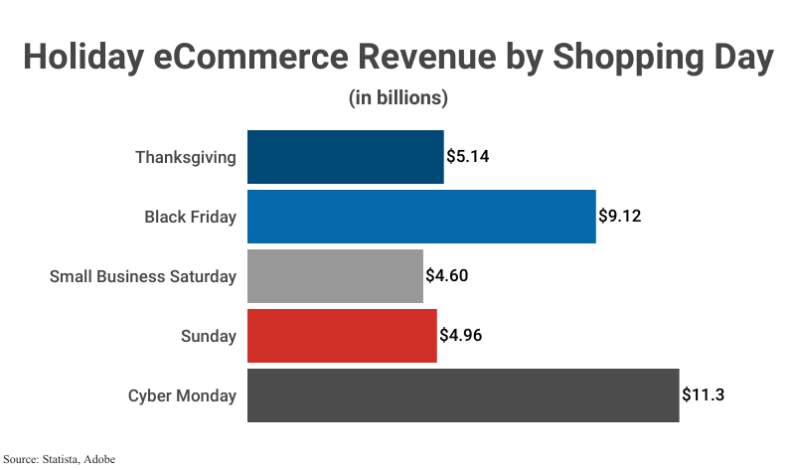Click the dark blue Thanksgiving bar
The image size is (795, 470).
tap(345, 157)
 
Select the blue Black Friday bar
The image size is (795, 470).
tap(421, 217)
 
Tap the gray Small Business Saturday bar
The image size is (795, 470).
tap(335, 276)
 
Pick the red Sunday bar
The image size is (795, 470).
tap(342, 336)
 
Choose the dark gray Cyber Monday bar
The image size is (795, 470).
tap(463, 395)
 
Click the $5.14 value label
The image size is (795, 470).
tap(468, 157)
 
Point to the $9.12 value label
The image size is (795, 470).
tap(620, 217)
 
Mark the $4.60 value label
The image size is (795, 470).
tap(447, 276)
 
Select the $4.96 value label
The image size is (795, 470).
tap(461, 336)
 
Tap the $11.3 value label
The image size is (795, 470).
tap(704, 395)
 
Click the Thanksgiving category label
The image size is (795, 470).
tap(186, 157)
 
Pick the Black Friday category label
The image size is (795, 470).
tap(190, 217)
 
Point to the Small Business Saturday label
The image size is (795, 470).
tap(143, 276)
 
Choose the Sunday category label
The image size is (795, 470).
tap(209, 336)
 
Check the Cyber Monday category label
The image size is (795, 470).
tap(182, 395)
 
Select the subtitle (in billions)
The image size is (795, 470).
tap(397, 98)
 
